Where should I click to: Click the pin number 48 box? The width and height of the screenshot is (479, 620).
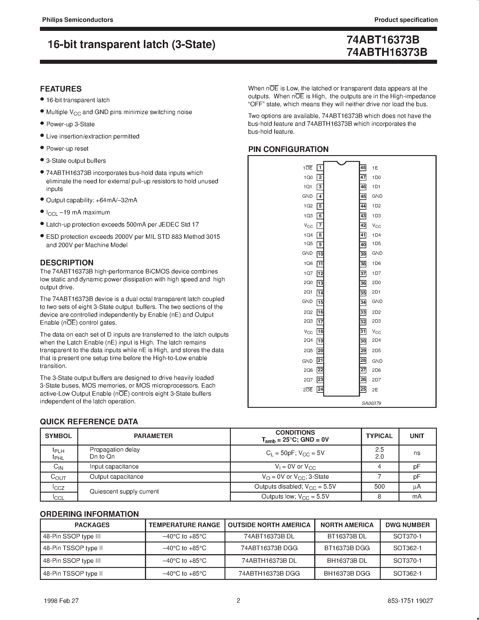363,168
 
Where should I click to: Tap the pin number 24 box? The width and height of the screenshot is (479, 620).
320,389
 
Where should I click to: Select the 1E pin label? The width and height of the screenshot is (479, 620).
375,168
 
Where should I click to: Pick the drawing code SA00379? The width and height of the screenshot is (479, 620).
371,403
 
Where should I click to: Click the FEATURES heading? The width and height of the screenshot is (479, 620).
61,89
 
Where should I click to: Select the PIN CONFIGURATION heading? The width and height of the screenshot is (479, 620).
288,149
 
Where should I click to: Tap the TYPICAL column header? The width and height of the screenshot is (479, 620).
379,436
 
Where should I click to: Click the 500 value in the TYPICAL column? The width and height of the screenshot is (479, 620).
379,487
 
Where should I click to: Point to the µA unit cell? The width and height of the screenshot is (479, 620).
417,487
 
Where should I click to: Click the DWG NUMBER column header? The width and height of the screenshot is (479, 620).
408,525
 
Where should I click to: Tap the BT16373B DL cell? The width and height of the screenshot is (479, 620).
347,536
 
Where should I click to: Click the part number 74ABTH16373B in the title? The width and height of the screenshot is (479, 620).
387,52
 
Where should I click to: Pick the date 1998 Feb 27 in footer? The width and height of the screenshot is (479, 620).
61,600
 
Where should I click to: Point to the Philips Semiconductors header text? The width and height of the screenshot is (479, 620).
78,20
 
